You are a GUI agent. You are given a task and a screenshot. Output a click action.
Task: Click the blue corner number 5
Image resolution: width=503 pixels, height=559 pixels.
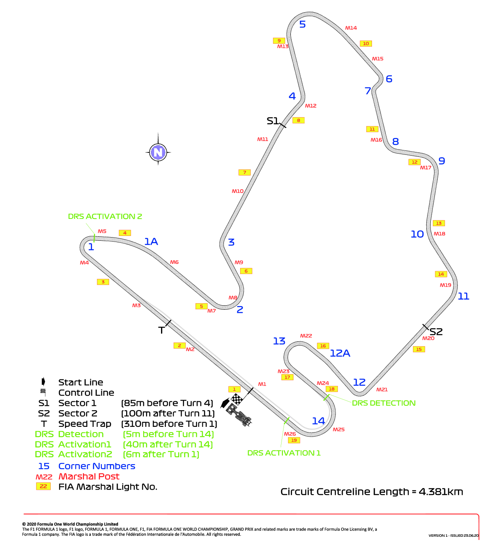[303, 24]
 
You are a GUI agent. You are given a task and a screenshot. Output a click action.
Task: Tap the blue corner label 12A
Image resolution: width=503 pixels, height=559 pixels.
[340, 353]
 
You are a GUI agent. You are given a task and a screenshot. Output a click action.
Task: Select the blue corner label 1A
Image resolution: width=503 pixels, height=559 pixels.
[151, 242]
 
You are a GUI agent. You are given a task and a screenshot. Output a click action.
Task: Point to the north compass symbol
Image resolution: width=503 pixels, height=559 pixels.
[158, 152]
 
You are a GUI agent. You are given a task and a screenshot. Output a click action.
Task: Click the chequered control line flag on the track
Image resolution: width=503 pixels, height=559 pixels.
[237, 399]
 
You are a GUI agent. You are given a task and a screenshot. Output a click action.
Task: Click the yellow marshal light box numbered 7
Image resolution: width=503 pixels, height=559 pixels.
[244, 173]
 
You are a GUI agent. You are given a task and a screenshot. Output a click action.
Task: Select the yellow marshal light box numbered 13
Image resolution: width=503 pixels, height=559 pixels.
[439, 223]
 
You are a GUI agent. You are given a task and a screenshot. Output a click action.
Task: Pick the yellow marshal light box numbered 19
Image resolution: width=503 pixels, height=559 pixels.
[294, 440]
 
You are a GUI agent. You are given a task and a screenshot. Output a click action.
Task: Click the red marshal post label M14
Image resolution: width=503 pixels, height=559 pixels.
[351, 28]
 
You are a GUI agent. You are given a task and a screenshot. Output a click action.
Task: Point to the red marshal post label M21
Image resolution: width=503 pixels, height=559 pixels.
[382, 390]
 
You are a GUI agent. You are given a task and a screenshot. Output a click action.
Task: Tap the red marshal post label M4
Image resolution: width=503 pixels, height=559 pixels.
[84, 263]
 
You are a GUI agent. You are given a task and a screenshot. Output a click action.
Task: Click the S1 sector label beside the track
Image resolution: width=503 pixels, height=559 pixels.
[273, 121]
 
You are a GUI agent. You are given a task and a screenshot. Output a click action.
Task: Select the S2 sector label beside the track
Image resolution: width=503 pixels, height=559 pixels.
[436, 332]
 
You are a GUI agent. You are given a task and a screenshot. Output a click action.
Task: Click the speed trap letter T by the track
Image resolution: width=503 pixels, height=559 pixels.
[161, 330]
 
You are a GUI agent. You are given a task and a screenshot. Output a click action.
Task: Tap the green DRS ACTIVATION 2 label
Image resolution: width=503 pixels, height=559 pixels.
[105, 216]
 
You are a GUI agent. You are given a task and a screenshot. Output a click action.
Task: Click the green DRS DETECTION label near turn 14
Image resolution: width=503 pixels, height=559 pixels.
[384, 403]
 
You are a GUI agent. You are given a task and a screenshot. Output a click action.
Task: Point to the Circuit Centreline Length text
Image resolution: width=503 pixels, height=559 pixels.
[372, 492]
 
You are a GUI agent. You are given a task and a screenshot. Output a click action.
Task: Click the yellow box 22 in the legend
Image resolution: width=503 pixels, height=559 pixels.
[43, 486]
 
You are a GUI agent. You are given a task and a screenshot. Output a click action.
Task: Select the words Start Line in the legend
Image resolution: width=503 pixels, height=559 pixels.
[81, 382]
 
